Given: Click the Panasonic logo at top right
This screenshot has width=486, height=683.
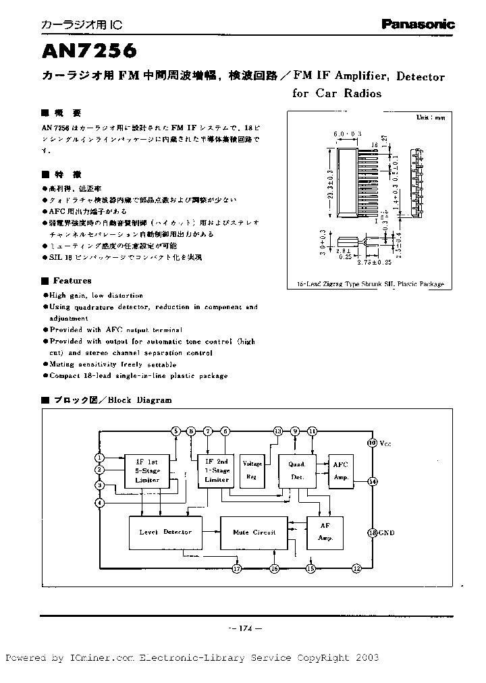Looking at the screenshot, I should [418, 24].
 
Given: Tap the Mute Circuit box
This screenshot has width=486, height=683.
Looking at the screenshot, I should [254, 532].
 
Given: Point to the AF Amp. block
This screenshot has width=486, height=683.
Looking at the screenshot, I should [325, 532].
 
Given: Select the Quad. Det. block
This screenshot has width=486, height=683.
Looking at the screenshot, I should [297, 470].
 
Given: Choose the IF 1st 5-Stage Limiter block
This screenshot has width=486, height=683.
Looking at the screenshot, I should [147, 470].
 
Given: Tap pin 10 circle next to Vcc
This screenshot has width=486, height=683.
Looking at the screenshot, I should [372, 443].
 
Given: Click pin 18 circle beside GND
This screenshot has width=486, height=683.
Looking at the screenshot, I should [372, 532].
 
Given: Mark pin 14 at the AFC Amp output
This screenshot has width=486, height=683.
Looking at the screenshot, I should [373, 481].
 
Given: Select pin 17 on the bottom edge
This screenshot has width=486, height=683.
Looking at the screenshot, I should [237, 569].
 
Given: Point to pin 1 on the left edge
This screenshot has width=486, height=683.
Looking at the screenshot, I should [100, 458].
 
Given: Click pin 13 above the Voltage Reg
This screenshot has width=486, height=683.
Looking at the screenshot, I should [277, 431].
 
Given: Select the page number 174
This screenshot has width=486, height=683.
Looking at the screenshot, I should [243, 629].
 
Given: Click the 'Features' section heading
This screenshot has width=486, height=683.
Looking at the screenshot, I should [72, 281].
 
